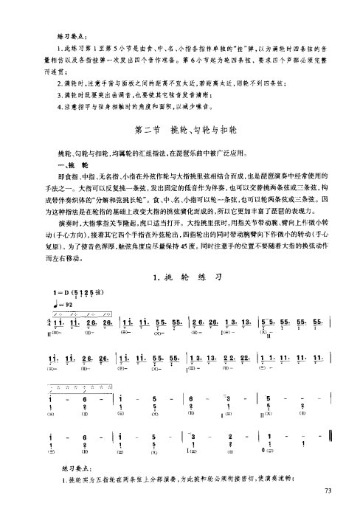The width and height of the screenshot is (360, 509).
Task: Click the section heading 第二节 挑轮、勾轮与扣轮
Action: pos(179,131)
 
